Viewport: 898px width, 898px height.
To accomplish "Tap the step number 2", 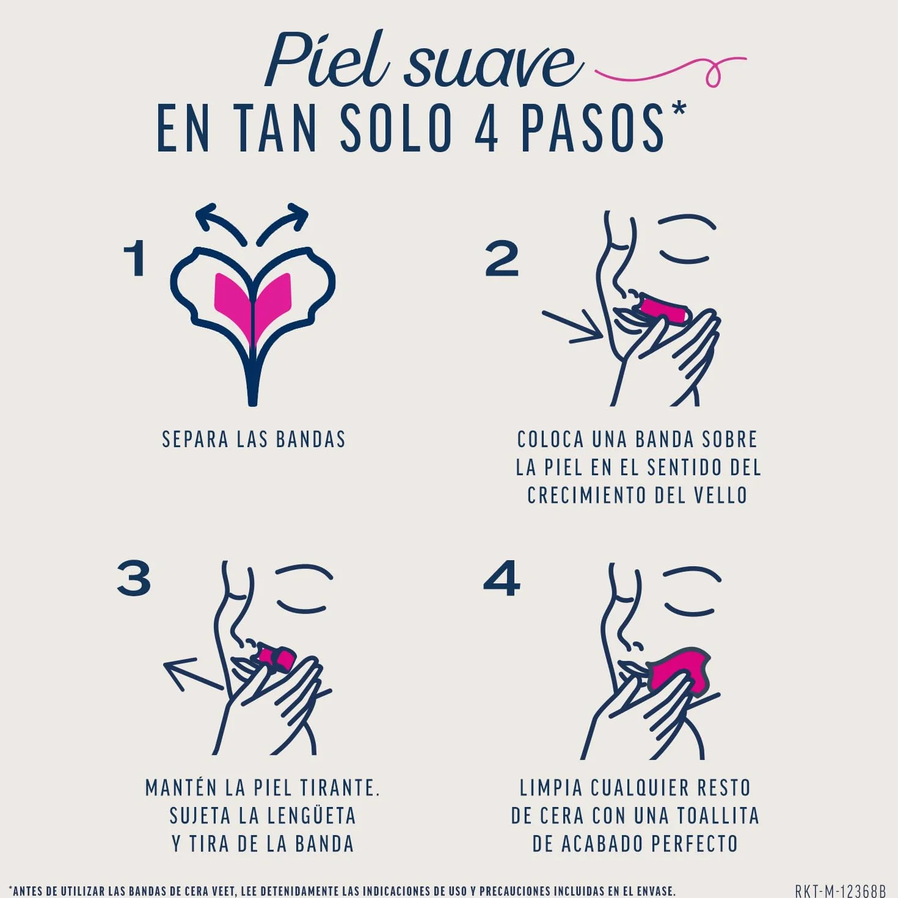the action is pyautogui.click(x=502, y=260).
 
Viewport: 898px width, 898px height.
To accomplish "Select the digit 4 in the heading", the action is pyautogui.click(x=487, y=129).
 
